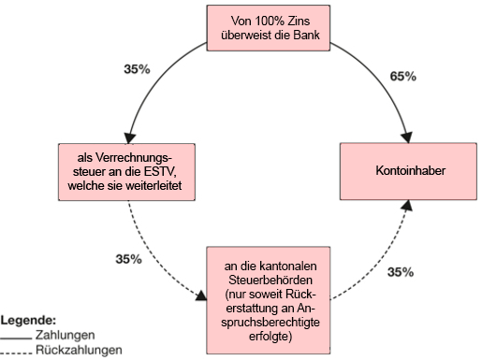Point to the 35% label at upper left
point(137,70)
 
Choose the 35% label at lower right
point(401,271)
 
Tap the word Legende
point(29,319)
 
